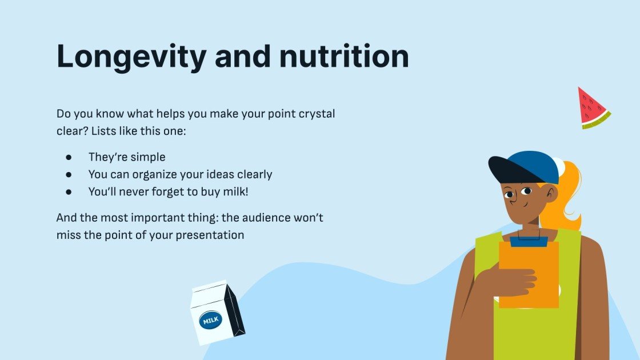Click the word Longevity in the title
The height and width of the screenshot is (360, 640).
[131, 58]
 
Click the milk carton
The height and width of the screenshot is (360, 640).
[217, 313]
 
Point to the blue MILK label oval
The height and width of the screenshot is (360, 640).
[210, 321]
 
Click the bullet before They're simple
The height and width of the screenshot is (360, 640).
[69, 157]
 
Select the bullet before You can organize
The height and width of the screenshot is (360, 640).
[69, 174]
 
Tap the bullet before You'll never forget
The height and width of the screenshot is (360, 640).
[69, 192]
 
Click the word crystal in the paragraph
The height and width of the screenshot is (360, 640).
[317, 114]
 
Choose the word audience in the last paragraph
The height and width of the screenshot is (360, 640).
[262, 218]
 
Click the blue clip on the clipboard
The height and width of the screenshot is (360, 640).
[529, 240]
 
